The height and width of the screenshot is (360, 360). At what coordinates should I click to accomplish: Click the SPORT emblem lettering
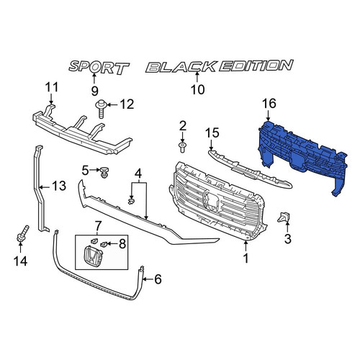(99, 68)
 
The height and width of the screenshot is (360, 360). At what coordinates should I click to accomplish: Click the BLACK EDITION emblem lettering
(220, 66)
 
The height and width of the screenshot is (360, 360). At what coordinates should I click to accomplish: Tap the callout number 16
(269, 104)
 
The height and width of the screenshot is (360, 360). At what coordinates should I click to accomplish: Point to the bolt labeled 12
(101, 109)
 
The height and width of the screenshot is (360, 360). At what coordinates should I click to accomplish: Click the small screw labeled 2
(182, 147)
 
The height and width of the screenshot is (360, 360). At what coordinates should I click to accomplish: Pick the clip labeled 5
(104, 172)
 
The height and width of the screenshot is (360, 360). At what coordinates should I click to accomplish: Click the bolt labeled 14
(22, 234)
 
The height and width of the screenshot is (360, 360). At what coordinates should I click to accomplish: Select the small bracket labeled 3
(284, 217)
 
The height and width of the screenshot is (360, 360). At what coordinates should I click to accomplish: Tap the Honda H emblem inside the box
(93, 255)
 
